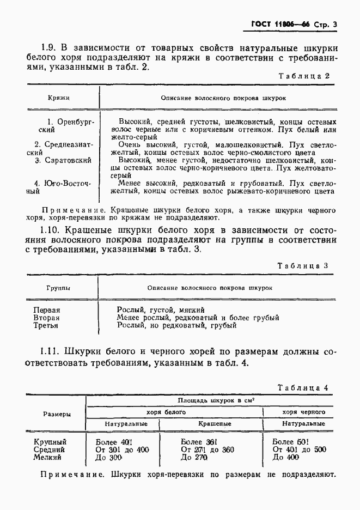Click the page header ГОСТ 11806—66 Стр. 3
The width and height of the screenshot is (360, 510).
coord(294,24)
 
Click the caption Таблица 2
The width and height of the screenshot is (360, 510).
coord(304,76)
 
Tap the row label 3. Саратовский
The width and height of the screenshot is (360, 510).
coord(64,161)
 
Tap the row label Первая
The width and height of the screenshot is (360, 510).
coord(47,309)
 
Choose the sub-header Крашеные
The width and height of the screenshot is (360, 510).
coord(214,423)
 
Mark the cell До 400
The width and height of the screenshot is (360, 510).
coord(286,458)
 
